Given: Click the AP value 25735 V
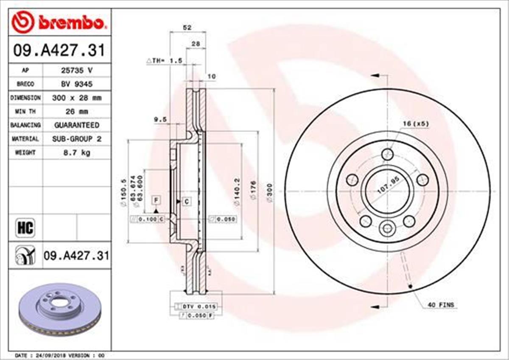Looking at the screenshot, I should (76, 70).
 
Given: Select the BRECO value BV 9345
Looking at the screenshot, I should (76, 84).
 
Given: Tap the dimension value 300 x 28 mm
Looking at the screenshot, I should (76, 98).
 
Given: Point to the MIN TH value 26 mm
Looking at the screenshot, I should (76, 112).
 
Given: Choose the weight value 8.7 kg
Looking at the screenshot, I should (76, 152).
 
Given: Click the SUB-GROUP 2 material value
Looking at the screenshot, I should (76, 139).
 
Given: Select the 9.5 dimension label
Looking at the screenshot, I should (160, 120).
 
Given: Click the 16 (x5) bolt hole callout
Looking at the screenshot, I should (416, 124).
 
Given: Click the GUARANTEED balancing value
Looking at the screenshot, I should (76, 125).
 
